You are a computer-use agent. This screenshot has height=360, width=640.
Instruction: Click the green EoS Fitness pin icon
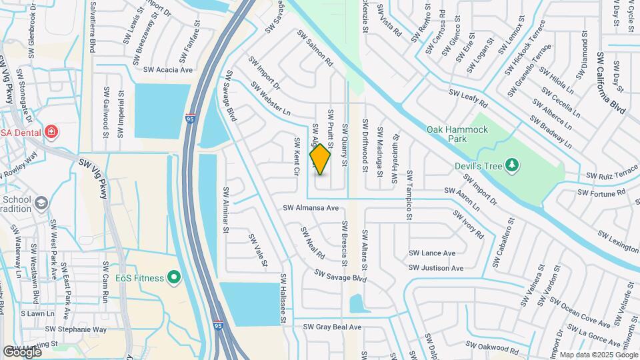pos(175,276)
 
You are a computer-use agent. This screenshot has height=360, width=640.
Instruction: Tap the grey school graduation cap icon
pos(41,202)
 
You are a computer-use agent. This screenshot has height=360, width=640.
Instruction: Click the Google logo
pos(21,351)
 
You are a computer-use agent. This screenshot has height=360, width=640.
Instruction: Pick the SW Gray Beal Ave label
pos(331,327)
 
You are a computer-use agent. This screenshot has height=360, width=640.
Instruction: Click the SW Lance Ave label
pos(431,253)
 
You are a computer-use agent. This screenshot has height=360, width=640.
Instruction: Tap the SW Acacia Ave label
pos(167,69)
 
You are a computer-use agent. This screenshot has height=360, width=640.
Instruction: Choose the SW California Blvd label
pos(612,83)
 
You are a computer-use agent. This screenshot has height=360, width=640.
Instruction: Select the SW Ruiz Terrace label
pos(612,175)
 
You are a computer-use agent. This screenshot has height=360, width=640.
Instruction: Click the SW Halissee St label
pos(283,299)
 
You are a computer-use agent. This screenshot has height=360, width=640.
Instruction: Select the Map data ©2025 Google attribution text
pos(598,355)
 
